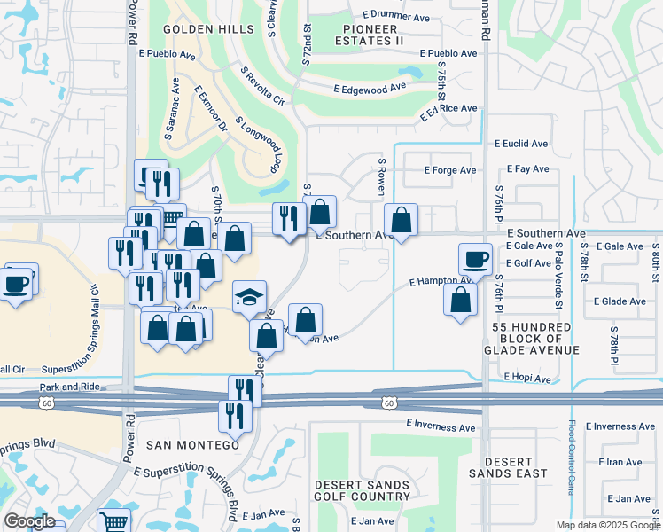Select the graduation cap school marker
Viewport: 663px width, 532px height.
tap(249, 298)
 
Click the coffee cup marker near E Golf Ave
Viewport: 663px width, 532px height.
tap(475, 259)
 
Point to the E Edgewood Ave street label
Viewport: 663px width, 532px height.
tap(370, 89)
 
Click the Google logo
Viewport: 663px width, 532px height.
tap(29, 521)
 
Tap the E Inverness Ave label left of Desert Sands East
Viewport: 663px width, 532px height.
tap(441, 426)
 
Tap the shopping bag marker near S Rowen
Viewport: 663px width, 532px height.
tap(401, 220)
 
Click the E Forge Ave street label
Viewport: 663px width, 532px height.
tap(450, 170)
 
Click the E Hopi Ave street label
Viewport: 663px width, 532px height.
tap(527, 379)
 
